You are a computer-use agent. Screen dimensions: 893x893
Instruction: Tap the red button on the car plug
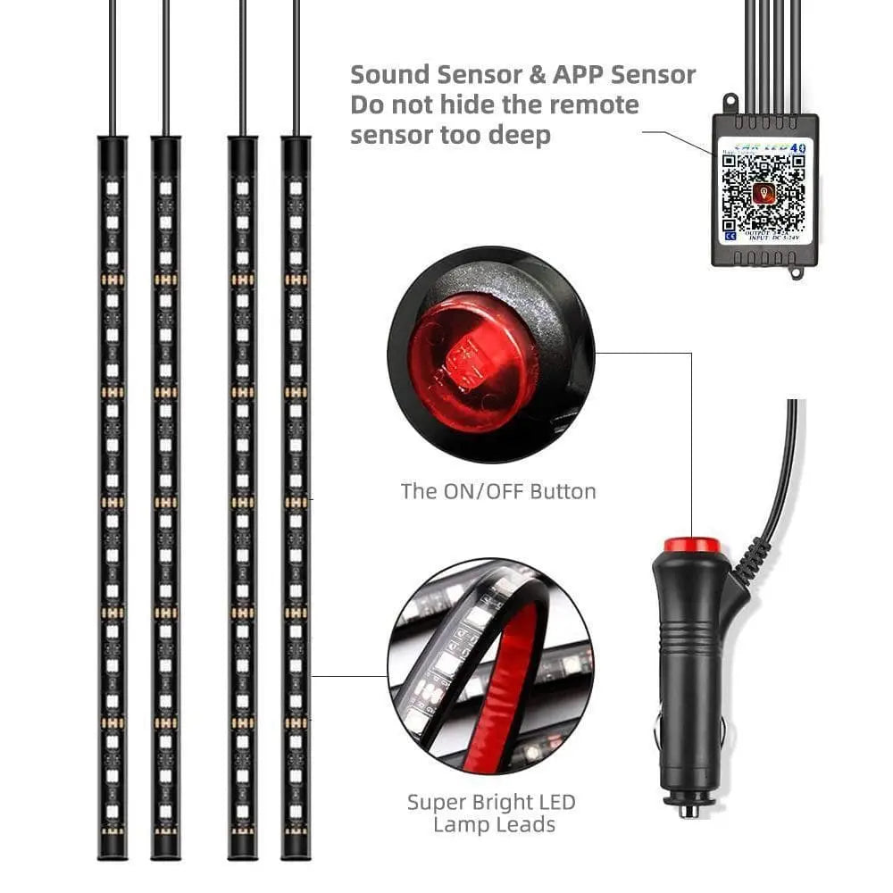point(691,545)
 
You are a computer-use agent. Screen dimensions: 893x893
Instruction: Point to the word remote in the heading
point(594,105)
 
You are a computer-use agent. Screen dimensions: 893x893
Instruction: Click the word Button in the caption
point(563,491)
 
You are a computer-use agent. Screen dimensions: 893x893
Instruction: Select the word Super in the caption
point(437,802)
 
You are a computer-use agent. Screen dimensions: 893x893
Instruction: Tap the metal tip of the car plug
point(689,809)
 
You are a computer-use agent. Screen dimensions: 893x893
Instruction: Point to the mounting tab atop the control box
point(730,102)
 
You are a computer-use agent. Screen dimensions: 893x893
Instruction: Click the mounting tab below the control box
point(796,271)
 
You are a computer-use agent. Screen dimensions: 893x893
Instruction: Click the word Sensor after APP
point(654,75)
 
